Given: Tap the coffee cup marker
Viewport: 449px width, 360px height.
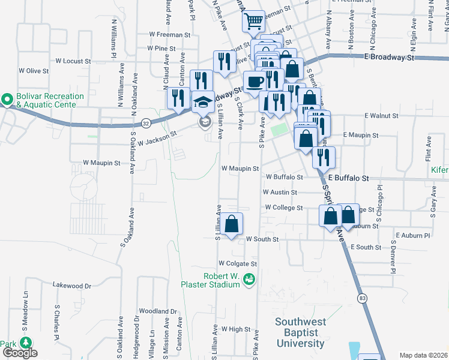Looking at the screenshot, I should tap(254, 82).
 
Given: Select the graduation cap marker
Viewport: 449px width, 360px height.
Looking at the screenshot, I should tap(203, 102).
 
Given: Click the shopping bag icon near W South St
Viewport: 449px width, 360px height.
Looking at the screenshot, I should tap(231, 224).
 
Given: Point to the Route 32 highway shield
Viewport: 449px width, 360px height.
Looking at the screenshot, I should tap(146, 122).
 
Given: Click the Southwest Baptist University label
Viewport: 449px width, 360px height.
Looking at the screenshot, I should tap(301, 332).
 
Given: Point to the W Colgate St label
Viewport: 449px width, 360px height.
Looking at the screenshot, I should tap(238, 263).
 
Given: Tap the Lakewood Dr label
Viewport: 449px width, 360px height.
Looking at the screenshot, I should tap(72, 286).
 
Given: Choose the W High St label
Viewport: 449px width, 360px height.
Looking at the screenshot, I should tap(235, 329).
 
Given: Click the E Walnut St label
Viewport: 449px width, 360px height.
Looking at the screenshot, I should tap(381, 115).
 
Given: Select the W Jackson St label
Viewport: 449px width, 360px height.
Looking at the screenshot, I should tap(157, 139).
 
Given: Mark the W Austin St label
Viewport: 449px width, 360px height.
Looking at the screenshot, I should tap(280, 193).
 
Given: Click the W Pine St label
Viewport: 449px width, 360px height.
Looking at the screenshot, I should tap(157, 48).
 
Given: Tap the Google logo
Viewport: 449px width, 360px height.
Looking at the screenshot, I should tap(20, 353).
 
